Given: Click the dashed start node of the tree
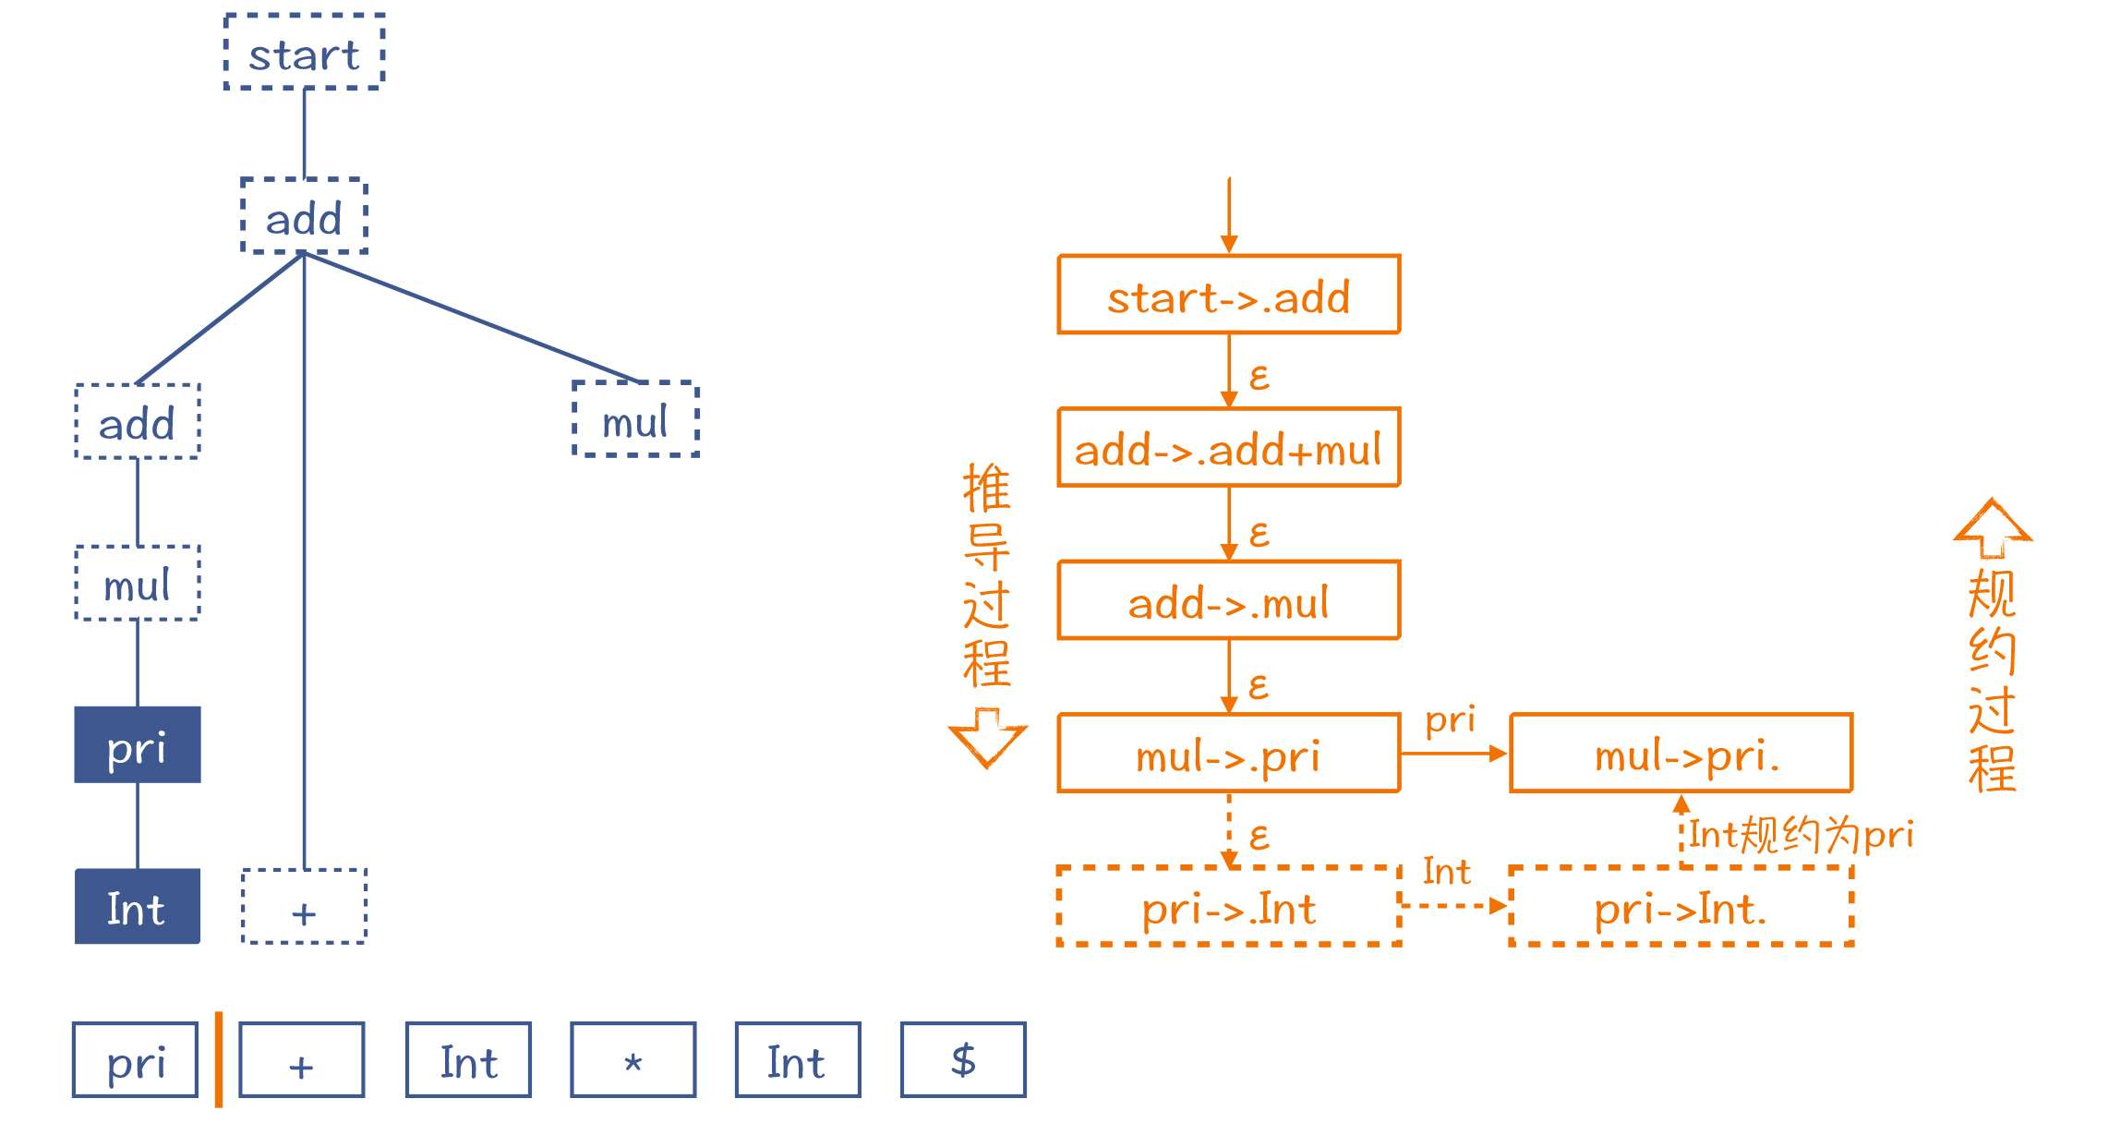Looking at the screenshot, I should coord(304,53).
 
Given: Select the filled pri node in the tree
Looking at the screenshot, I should coord(138,745).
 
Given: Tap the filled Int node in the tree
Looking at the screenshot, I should coord(138,907).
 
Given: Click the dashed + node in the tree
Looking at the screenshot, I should coord(304,907).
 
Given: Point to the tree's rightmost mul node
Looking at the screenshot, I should coord(635,419).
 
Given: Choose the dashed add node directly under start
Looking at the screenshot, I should coord(304,216).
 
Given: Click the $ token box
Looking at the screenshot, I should coord(963,1060).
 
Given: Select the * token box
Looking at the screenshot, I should coord(633,1060).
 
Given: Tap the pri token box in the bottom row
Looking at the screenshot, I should coord(136,1060).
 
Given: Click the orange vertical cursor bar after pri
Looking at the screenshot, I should coord(219,1060).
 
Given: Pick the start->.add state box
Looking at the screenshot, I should coord(1229,295).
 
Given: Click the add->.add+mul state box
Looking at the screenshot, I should coord(1229,448).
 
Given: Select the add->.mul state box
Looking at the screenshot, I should coord(1229,600).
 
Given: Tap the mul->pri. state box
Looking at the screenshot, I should coord(1681,754).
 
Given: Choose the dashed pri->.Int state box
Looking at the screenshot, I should coord(1229,907).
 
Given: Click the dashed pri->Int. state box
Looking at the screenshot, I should coord(1681,907).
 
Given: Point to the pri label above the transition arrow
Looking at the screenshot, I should coord(1450,720).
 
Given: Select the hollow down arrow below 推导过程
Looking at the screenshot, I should coord(987,737).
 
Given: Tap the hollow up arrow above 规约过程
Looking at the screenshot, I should coord(1993,528).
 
